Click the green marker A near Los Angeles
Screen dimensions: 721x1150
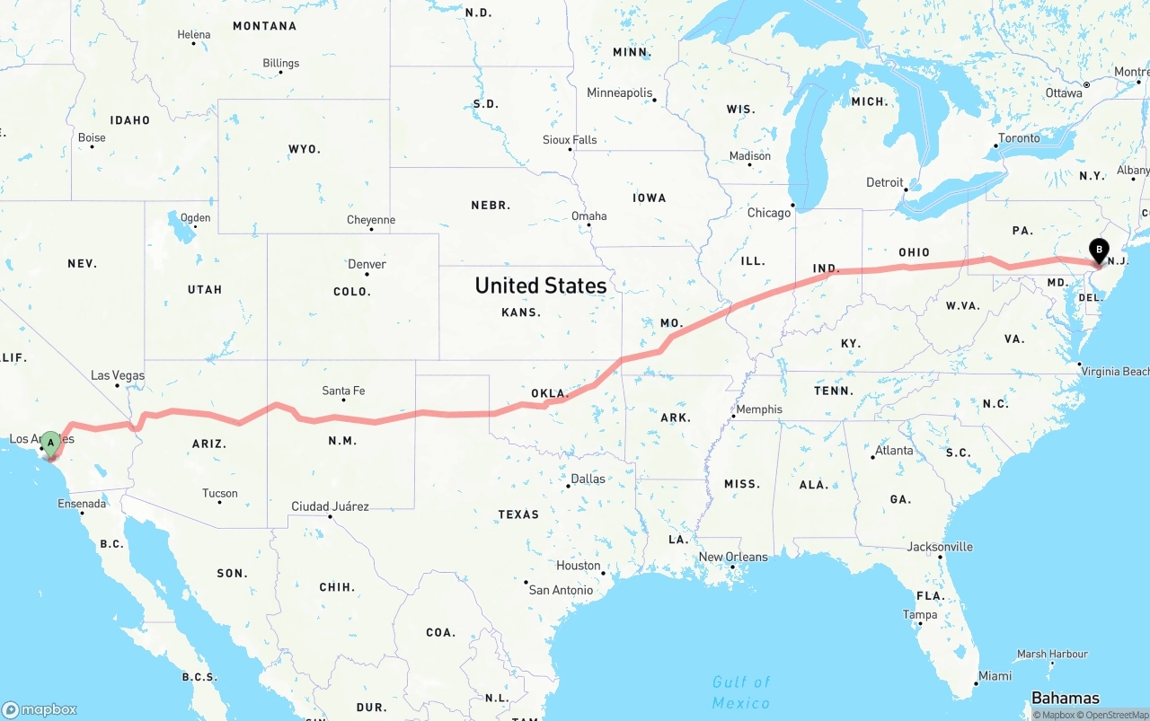pyautogui.click(x=51, y=442)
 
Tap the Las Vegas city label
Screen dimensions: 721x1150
pyautogui.click(x=118, y=375)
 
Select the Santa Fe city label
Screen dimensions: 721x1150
pyautogui.click(x=343, y=391)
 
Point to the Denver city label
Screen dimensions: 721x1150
pyautogui.click(x=367, y=264)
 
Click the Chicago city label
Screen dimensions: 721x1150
pyautogui.click(x=769, y=213)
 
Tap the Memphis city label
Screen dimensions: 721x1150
pyautogui.click(x=758, y=409)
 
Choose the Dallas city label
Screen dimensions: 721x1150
pyautogui.click(x=588, y=479)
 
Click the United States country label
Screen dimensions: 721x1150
pyautogui.click(x=540, y=286)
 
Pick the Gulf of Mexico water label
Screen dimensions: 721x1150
pyautogui.click(x=741, y=692)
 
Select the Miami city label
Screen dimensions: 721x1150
pyautogui.click(x=995, y=676)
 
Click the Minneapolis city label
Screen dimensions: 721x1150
pyautogui.click(x=619, y=92)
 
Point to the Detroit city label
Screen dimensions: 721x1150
pyautogui.click(x=885, y=182)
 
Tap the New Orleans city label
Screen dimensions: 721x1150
pyautogui.click(x=733, y=557)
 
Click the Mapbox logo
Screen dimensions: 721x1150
pyautogui.click(x=40, y=709)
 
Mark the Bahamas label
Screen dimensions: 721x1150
pyautogui.click(x=1065, y=698)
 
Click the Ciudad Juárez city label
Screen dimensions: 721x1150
pyautogui.click(x=330, y=506)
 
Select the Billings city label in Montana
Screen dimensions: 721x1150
pyautogui.click(x=280, y=64)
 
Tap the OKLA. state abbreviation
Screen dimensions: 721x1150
pyautogui.click(x=550, y=393)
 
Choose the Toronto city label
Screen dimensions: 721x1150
pyautogui.click(x=1019, y=138)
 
